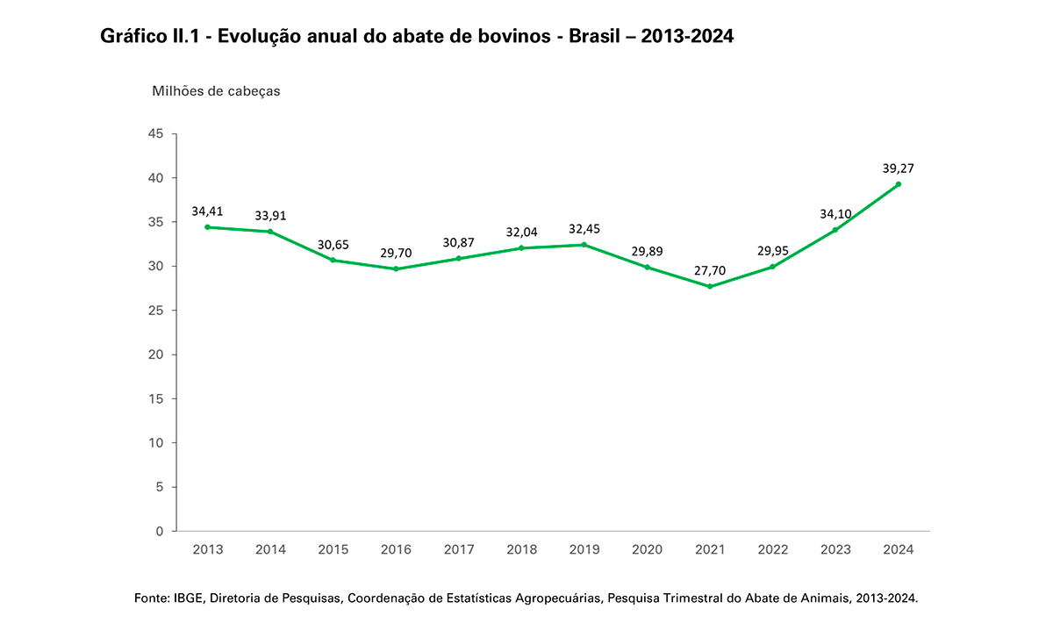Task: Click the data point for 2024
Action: (899, 184)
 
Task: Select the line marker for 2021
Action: (710, 286)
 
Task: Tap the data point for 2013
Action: (207, 227)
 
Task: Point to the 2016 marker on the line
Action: (396, 269)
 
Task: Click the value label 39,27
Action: (899, 168)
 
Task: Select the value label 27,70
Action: (710, 269)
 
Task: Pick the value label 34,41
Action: (207, 211)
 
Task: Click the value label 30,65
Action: (333, 243)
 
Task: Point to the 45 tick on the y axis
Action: (156, 133)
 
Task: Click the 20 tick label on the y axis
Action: (156, 354)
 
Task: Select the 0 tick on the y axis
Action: (160, 531)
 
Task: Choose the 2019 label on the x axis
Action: (584, 550)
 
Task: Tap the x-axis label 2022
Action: (773, 550)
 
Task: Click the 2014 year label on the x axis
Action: (270, 550)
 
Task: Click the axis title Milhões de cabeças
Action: (216, 90)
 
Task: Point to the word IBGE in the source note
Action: (187, 598)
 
